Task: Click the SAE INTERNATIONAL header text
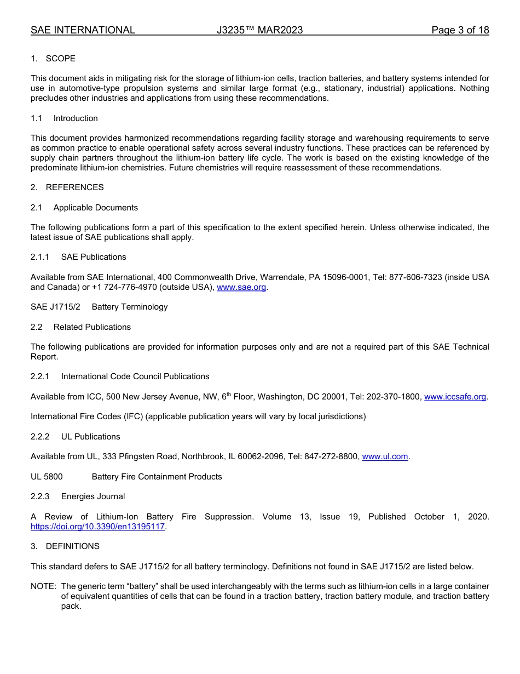pos(83,30)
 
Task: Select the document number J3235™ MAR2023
pos(259,30)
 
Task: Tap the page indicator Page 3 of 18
pos(460,30)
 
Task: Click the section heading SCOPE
pos(60,59)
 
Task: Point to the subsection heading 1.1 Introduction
pos(76,118)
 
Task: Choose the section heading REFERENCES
pos(74,187)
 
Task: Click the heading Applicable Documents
pos(95,208)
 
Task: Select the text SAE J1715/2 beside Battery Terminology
pos(55,307)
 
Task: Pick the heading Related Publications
pos(92,327)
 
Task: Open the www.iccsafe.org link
pos(455,397)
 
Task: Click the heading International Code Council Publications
pos(135,376)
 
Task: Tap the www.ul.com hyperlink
pos(385,456)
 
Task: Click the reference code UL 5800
pos(47,477)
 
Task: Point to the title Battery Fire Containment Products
pos(157,477)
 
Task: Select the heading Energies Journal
pos(93,496)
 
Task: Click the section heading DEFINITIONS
pos(72,546)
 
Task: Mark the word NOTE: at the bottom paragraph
pos(43,586)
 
